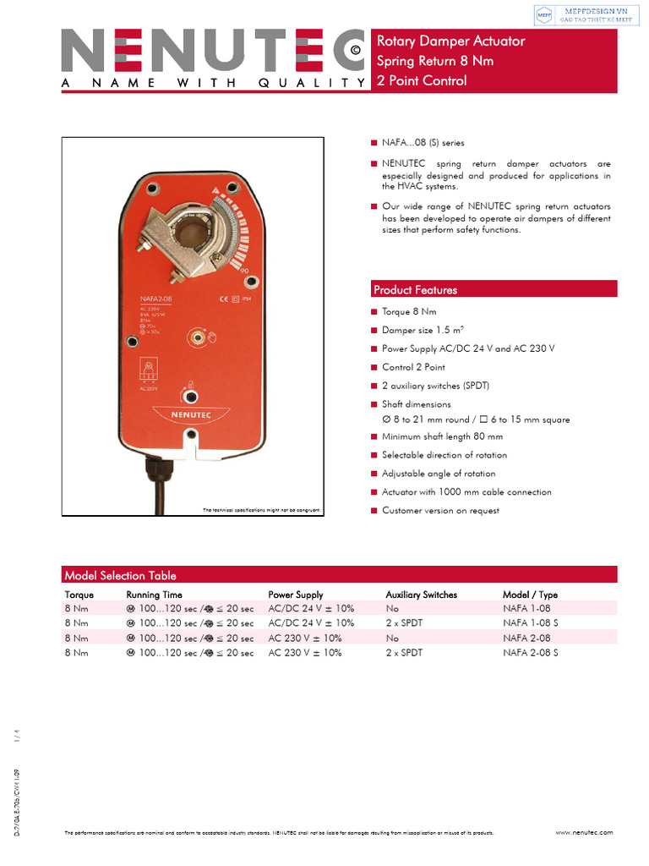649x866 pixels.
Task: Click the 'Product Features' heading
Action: click(x=415, y=290)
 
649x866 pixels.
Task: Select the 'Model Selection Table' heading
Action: click(x=120, y=575)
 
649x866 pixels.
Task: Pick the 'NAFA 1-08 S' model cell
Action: click(x=531, y=623)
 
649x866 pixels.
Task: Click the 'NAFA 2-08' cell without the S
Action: click(x=526, y=639)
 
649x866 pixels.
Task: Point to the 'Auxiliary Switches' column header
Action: click(x=421, y=595)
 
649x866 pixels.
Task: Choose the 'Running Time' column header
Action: click(x=154, y=595)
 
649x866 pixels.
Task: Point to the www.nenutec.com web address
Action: click(x=584, y=832)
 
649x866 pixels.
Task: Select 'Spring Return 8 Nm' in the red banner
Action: click(x=434, y=61)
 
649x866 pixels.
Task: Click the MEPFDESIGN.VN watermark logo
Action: click(x=583, y=15)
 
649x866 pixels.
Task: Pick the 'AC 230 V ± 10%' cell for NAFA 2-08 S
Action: click(x=305, y=653)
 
